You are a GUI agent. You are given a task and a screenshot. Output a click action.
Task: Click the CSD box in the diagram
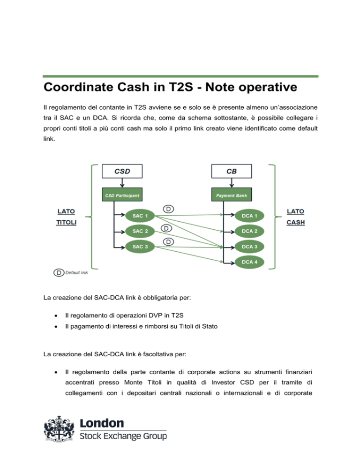click(122, 171)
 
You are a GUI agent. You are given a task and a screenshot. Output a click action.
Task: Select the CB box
click(232, 171)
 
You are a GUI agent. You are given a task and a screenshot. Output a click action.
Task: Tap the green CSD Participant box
click(122, 195)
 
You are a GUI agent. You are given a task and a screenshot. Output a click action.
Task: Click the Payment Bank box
click(232, 195)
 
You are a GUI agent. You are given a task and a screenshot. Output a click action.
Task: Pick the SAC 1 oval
click(140, 216)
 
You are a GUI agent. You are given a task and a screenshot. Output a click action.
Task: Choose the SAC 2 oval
click(140, 231)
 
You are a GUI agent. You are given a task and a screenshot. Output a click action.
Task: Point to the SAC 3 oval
click(140, 247)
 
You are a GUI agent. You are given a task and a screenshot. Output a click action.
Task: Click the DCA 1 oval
click(249, 216)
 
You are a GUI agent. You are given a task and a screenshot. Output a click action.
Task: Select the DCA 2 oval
click(249, 231)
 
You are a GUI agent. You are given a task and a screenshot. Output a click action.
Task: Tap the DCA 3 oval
click(249, 247)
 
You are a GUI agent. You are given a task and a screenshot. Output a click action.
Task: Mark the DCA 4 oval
click(249, 262)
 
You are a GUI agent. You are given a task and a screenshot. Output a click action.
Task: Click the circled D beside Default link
click(59, 272)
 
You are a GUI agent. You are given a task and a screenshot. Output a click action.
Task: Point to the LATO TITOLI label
click(66, 217)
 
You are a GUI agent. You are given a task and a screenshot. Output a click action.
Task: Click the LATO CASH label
click(295, 217)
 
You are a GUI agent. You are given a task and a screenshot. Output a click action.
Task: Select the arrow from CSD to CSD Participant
click(122, 183)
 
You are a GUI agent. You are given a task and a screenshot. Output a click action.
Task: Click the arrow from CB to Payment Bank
click(232, 183)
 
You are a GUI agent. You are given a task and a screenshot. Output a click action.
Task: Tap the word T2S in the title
click(181, 87)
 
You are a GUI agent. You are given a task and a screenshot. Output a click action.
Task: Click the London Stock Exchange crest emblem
click(59, 428)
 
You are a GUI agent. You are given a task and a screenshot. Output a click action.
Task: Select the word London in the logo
click(102, 423)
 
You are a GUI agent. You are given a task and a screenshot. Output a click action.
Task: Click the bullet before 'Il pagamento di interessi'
click(56, 327)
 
